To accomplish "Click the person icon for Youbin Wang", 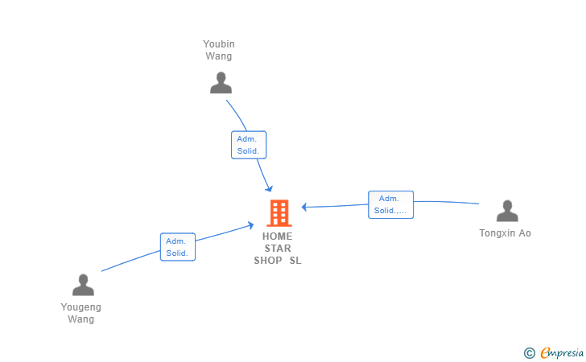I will pyautogui.click(x=220, y=83).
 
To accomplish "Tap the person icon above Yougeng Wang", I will pyautogui.click(x=83, y=285).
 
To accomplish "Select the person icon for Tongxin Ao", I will pyautogui.click(x=506, y=211).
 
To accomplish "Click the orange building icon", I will pyautogui.click(x=279, y=212).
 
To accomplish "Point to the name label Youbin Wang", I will pyautogui.click(x=219, y=50).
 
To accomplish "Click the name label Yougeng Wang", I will pyautogui.click(x=81, y=313).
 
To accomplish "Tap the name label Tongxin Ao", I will pyautogui.click(x=506, y=233).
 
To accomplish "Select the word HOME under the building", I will pyautogui.click(x=278, y=237).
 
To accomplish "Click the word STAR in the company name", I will pyautogui.click(x=278, y=249).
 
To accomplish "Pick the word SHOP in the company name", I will pyautogui.click(x=268, y=261).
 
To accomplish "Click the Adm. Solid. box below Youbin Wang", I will pyautogui.click(x=248, y=145).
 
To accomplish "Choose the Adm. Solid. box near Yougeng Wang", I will pyautogui.click(x=178, y=246).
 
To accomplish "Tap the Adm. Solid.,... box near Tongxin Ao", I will pyautogui.click(x=390, y=204).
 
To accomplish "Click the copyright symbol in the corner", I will pyautogui.click(x=529, y=352).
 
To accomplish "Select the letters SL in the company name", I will pyautogui.click(x=295, y=261).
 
